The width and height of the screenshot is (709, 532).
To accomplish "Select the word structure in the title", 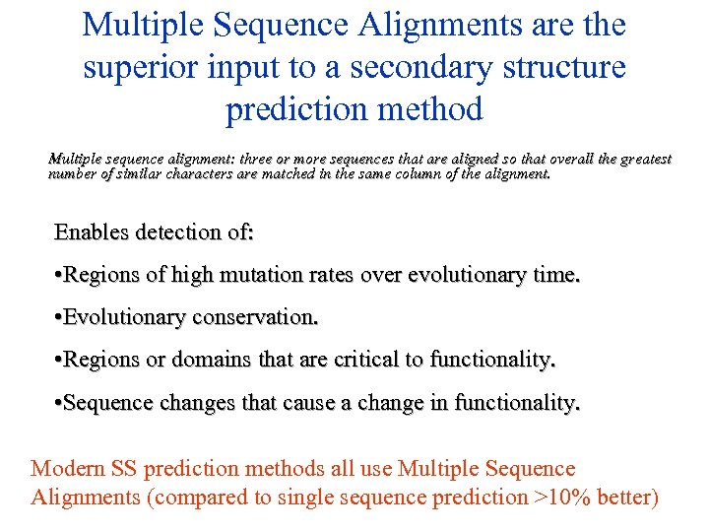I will (x=563, y=68).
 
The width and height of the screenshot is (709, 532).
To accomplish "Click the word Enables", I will (x=95, y=233).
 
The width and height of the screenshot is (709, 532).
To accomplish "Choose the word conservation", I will (x=255, y=318).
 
